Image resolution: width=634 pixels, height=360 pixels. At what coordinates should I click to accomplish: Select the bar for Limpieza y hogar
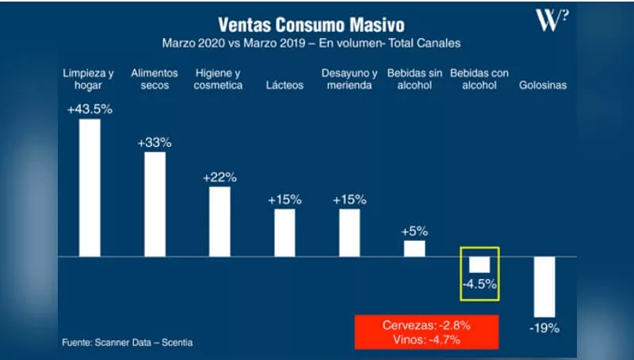click(90, 188)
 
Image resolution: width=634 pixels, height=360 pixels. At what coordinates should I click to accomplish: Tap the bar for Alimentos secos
click(155, 205)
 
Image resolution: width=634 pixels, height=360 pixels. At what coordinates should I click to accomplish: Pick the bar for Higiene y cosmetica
click(220, 222)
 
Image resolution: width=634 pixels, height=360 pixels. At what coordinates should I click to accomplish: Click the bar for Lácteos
click(285, 233)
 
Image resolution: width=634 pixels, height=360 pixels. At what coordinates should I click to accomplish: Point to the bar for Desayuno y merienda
click(349, 233)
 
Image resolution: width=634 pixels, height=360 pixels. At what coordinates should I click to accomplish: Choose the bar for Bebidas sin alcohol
click(414, 248)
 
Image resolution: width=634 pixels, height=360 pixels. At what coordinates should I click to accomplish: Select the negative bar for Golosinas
click(544, 287)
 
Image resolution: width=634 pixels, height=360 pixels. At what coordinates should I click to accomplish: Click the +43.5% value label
click(90, 109)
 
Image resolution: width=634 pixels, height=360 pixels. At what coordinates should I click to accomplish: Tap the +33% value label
click(155, 143)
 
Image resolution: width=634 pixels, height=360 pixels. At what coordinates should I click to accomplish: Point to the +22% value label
click(220, 178)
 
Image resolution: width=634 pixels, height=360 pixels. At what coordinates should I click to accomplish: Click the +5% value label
click(414, 232)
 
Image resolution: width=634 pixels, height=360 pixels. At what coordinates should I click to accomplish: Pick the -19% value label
click(545, 327)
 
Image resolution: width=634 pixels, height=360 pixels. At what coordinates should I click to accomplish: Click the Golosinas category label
click(543, 86)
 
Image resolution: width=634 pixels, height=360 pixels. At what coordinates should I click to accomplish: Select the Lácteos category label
click(285, 86)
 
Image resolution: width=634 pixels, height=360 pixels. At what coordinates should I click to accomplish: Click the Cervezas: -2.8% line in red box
click(426, 325)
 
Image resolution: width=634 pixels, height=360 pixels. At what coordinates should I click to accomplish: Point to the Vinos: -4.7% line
click(426, 339)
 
